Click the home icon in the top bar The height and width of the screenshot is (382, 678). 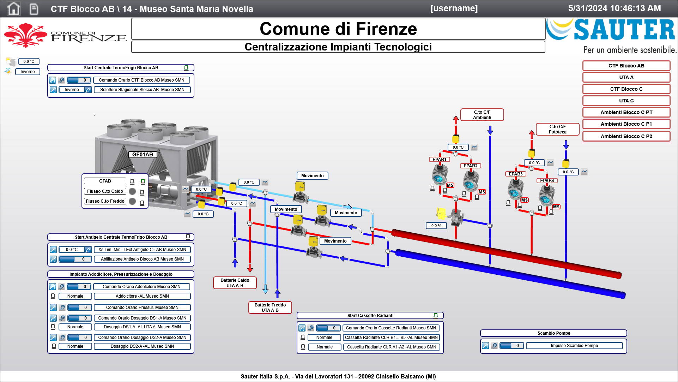pyautogui.click(x=13, y=8)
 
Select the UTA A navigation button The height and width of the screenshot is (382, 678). pyautogui.click(x=626, y=77)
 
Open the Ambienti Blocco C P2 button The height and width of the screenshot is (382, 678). pyautogui.click(x=626, y=136)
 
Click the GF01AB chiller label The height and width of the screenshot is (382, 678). pyautogui.click(x=143, y=154)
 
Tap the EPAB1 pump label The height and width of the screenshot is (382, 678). pyautogui.click(x=439, y=159)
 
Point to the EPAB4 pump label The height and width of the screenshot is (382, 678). pyautogui.click(x=547, y=180)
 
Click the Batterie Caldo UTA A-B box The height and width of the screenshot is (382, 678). pyautogui.click(x=235, y=283)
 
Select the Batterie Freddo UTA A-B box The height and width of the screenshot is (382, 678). pyautogui.click(x=270, y=308)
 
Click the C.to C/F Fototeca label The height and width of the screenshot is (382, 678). pyautogui.click(x=557, y=129)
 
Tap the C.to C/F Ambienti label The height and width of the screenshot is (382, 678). pyautogui.click(x=482, y=115)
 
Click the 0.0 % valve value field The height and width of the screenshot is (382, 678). pyautogui.click(x=436, y=226)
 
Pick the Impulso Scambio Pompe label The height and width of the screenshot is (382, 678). pyautogui.click(x=574, y=346)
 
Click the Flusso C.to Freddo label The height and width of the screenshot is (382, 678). pyautogui.click(x=105, y=201)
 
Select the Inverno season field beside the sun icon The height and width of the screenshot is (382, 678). pyautogui.click(x=28, y=72)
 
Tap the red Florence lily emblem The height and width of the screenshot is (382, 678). pyautogui.click(x=25, y=35)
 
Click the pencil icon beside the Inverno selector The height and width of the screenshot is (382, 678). pyautogui.click(x=88, y=90)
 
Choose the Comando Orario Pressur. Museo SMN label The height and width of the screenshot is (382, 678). pyautogui.click(x=142, y=308)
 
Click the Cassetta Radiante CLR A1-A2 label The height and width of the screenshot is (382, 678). pyautogui.click(x=391, y=347)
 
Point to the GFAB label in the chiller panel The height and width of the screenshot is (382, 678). pyautogui.click(x=105, y=181)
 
